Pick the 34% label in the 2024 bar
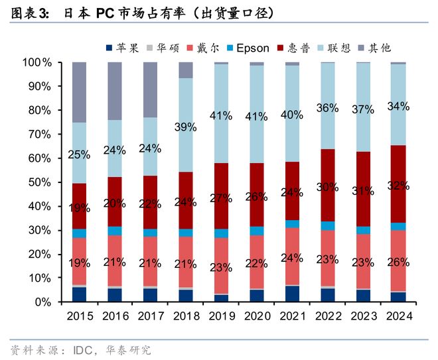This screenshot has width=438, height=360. tap(398, 106)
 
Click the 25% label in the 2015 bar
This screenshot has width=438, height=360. tap(79, 155)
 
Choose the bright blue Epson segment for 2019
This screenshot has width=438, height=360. tap(220, 233)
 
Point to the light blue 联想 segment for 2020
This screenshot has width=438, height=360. tap(256, 133)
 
